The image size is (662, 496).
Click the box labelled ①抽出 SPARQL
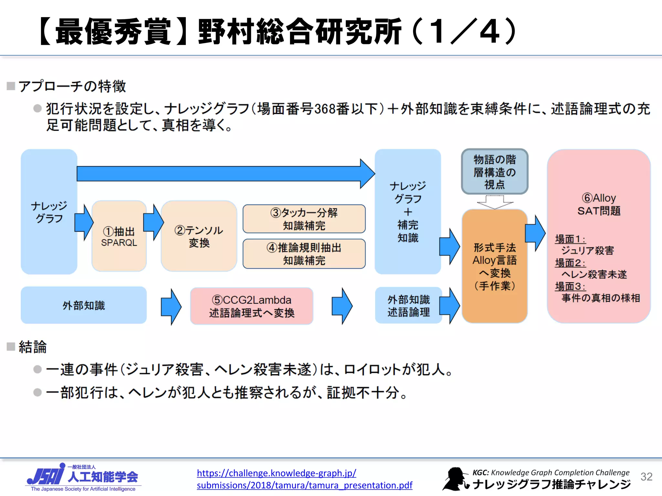119,236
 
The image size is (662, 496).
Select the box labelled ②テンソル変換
199,236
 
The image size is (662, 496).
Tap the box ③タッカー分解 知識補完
304,219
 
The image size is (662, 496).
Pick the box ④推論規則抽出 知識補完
304,254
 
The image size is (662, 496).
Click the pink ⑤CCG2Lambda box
251,306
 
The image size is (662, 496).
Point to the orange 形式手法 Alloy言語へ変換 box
494,266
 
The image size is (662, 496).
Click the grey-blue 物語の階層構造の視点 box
494,171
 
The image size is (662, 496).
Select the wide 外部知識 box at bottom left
83,305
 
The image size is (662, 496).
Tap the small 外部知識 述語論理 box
408,305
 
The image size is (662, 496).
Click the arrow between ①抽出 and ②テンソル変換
154,222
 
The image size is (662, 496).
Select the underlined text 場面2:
570,263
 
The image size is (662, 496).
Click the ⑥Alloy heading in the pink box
598,198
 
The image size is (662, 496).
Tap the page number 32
646,477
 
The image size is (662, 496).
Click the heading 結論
32,347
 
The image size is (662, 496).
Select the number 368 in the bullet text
324,109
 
